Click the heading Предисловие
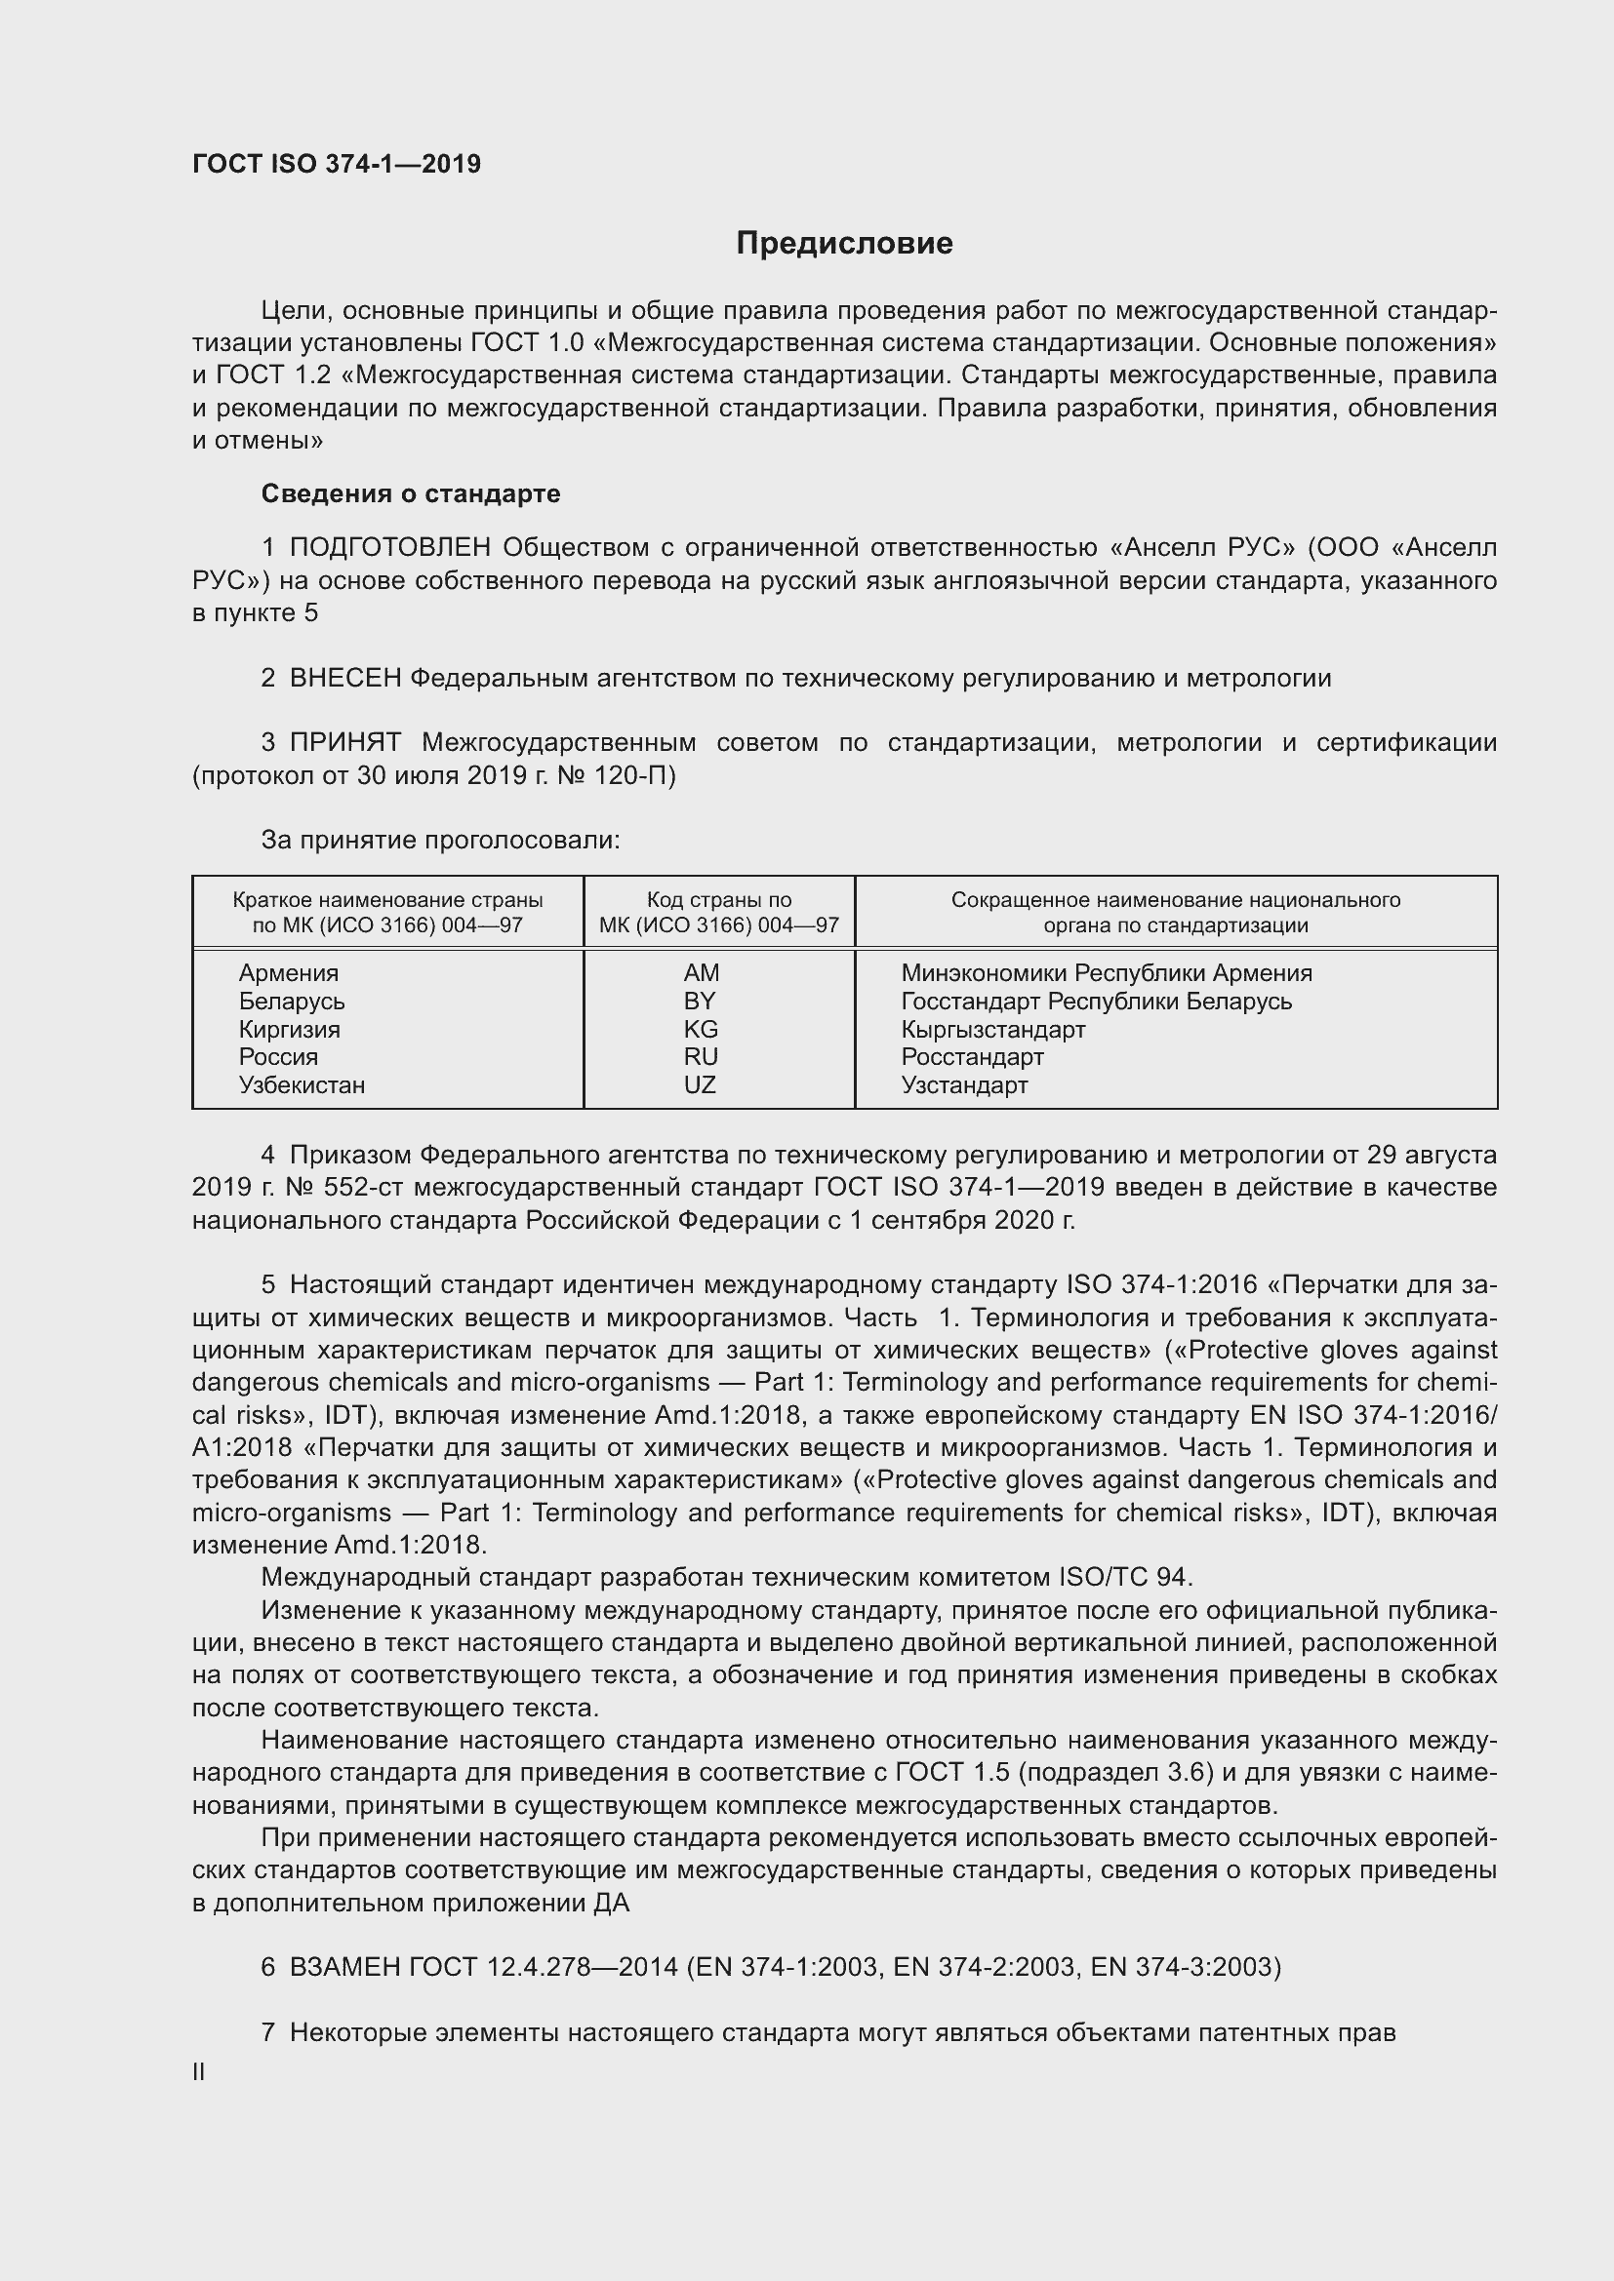844,244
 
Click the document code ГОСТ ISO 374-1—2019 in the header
336,164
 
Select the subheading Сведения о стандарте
411,493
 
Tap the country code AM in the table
701,972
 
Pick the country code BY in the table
700,1001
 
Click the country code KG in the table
701,1029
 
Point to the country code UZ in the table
700,1084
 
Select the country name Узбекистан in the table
302,1084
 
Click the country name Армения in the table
288,972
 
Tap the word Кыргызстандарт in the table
992,1029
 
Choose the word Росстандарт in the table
972,1057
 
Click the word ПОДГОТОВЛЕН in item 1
389,547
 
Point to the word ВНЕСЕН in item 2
344,679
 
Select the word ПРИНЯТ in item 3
344,742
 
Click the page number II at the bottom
199,2072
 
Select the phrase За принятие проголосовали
440,841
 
